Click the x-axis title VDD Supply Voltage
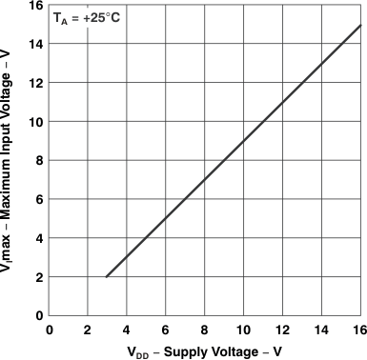(x=205, y=351)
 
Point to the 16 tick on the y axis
(x=35, y=6)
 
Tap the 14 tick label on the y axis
(x=35, y=44)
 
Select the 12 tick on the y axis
(x=35, y=83)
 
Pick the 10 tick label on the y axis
(x=35, y=122)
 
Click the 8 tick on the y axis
(x=38, y=161)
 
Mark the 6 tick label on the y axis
(x=38, y=199)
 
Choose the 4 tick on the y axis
(x=38, y=238)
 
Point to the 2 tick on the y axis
(x=38, y=277)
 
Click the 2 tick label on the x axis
(x=88, y=330)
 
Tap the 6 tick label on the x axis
(x=166, y=330)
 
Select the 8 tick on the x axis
(x=205, y=330)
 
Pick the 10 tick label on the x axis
(x=244, y=330)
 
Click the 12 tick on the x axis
(x=283, y=330)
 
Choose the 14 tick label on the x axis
(x=322, y=330)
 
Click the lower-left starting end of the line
(x=106, y=277)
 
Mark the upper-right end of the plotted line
(x=361, y=25)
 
